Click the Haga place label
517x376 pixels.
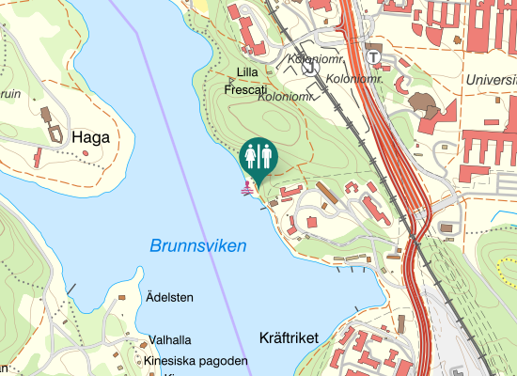pos(90,137)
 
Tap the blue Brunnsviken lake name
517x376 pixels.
pos(197,246)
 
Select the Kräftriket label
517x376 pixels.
pos(288,337)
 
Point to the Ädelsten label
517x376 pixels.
pos(169,298)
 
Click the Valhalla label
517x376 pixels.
pos(170,340)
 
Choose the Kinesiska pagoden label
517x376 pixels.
pos(196,361)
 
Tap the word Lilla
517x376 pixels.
pos(247,72)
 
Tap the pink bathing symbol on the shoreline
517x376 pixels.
pos(248,188)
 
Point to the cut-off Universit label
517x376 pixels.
pos(490,81)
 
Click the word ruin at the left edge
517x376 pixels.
pos(10,94)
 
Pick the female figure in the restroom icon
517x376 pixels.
pos(251,154)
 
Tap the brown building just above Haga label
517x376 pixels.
pos(45,115)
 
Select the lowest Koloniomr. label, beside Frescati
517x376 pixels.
pos(284,95)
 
